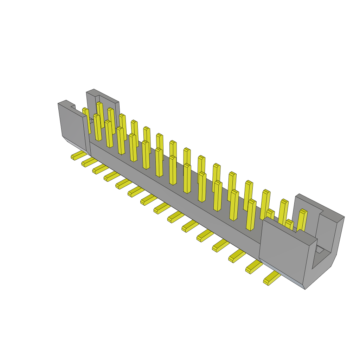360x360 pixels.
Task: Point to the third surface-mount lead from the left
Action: (99, 169)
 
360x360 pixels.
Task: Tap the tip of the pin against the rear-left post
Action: (99, 104)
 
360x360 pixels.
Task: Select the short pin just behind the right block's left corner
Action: (270, 213)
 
